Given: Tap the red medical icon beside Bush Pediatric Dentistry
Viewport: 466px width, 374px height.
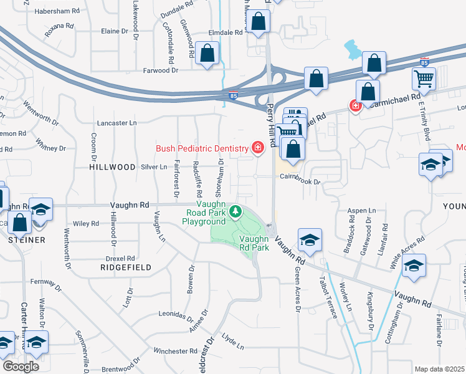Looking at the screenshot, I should tap(257, 148).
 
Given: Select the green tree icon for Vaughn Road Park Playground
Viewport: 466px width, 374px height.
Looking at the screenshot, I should tap(235, 213).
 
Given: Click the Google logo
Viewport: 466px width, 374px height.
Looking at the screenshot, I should tap(21, 366).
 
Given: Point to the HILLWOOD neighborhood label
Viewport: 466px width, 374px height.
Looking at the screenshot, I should tap(112, 167).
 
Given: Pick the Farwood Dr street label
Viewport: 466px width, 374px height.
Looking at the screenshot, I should tap(144, 70).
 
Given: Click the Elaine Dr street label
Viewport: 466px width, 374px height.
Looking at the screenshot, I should tap(114, 31).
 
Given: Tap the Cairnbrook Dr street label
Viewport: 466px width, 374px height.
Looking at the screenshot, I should tap(300, 181).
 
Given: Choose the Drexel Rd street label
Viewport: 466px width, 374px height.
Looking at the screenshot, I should tap(121, 258).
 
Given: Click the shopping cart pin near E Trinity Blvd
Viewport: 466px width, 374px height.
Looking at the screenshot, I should tap(424, 79).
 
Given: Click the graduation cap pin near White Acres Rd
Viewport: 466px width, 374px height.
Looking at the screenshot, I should tap(414, 264).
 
